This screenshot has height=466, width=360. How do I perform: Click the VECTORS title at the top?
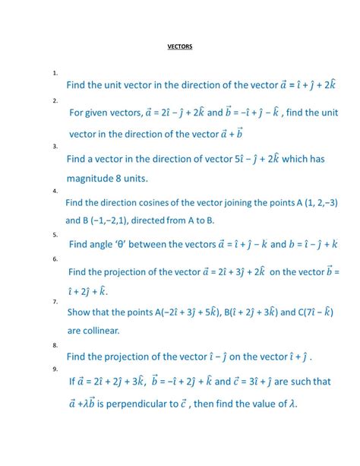click(x=180, y=47)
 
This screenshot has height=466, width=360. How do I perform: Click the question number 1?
click(x=55, y=73)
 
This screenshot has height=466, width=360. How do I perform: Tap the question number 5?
click(x=55, y=235)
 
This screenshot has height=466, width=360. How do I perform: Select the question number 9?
click(x=55, y=369)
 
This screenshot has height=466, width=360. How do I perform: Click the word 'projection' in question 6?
click(x=123, y=271)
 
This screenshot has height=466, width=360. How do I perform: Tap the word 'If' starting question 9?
click(x=72, y=382)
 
